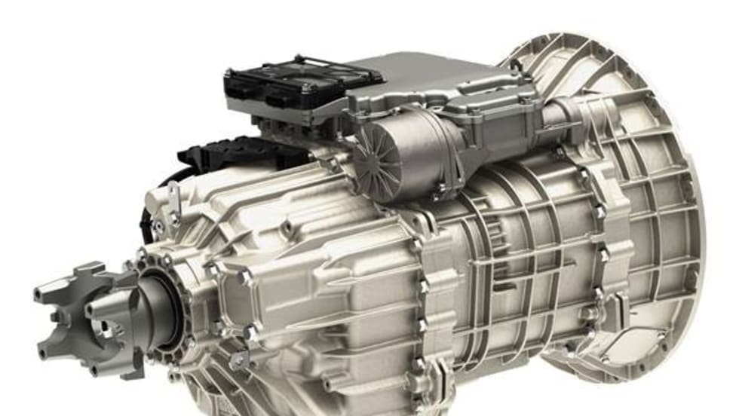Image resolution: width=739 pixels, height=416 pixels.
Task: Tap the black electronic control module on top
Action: pos(302,83)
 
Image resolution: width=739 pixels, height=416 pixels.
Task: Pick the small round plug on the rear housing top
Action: pos(285,226)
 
